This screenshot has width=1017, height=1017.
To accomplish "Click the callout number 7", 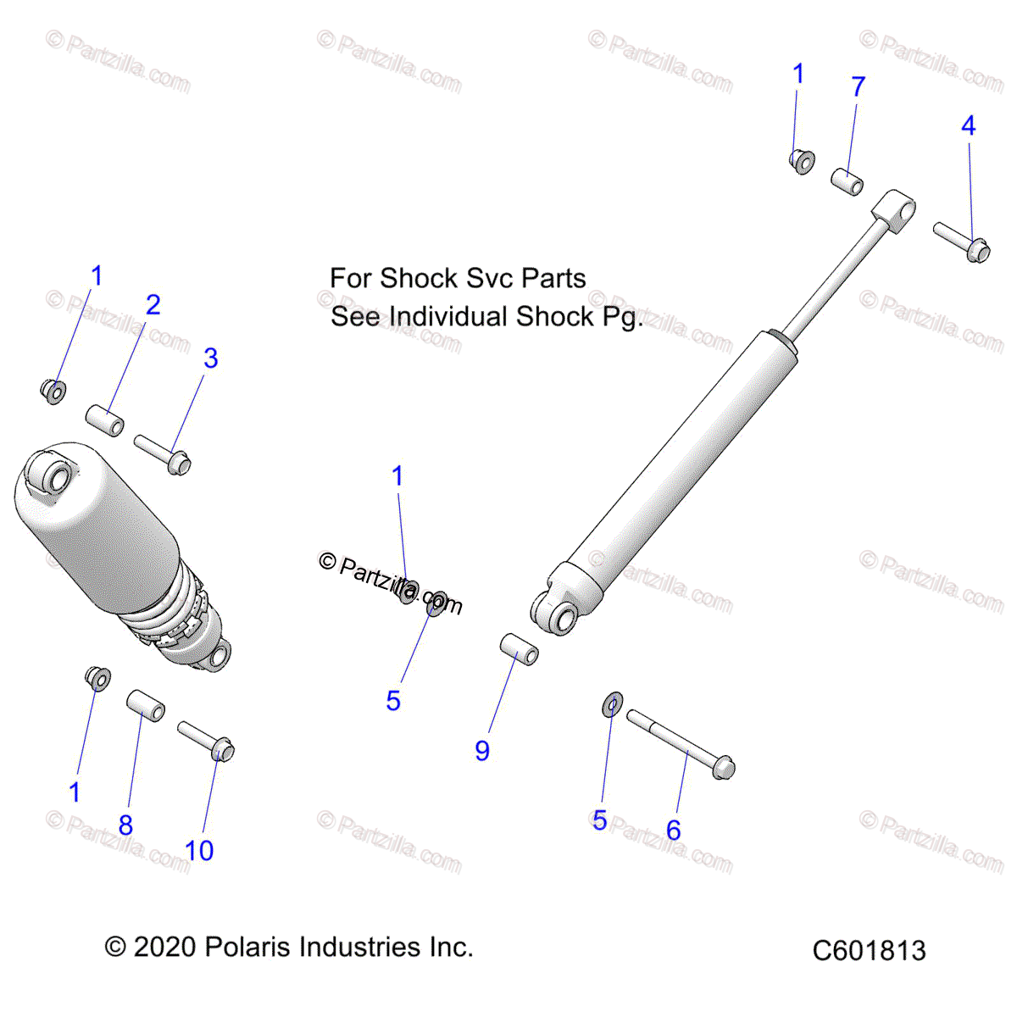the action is point(859,86).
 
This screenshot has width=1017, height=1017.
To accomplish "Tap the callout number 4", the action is point(969,126).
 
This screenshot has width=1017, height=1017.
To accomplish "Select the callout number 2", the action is point(153,305).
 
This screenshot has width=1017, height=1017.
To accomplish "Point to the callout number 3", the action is point(211,358).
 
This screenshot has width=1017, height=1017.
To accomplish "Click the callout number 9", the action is point(482,751).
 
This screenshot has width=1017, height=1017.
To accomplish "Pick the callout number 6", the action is point(674,830).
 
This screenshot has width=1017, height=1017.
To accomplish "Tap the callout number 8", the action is point(125,825).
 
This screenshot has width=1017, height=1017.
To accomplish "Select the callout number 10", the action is point(199,851).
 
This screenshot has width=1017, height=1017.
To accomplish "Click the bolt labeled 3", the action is point(163,453).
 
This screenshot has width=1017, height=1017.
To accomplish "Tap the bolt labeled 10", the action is point(206,740).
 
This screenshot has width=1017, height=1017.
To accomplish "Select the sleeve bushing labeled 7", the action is point(846,181).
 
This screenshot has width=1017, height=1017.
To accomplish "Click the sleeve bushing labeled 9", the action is point(518,648).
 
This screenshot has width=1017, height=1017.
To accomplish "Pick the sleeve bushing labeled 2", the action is point(105,420).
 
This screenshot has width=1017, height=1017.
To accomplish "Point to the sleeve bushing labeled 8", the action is point(145,705).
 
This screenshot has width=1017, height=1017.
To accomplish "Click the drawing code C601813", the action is point(869,951).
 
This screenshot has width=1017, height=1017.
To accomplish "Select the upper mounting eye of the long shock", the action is point(895,208).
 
